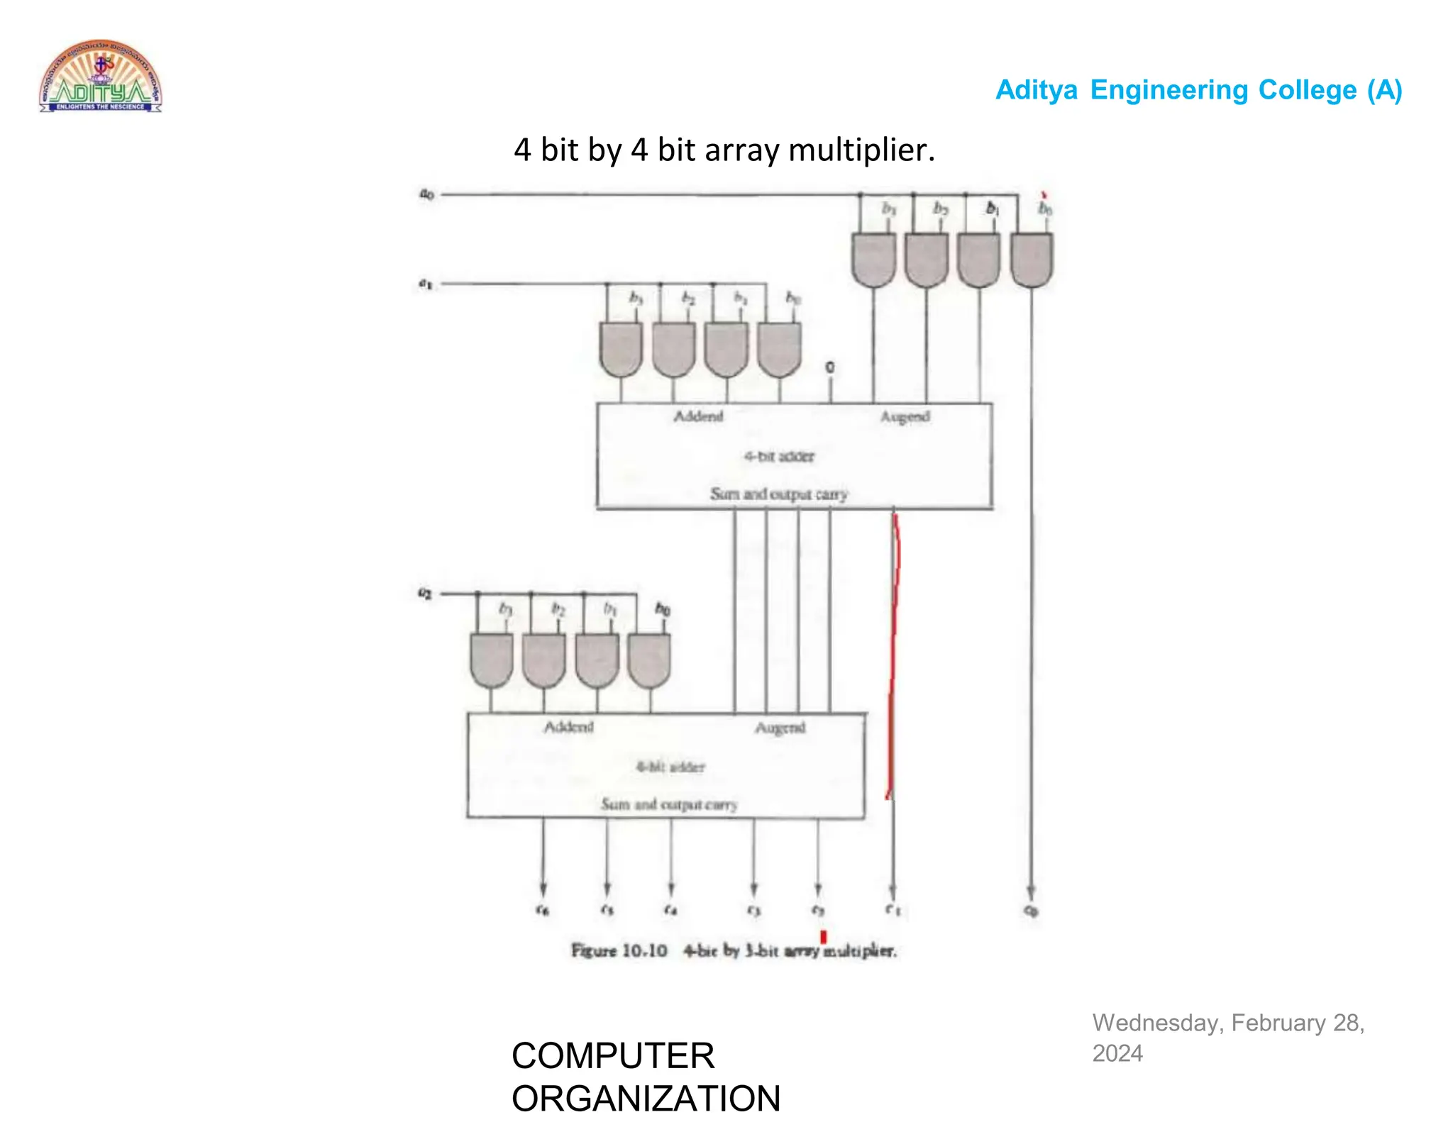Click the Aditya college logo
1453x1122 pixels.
(100, 77)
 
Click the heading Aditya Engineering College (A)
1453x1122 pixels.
(1198, 90)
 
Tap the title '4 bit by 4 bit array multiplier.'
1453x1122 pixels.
(724, 150)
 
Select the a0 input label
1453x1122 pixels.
(426, 194)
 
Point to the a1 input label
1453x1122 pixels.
(425, 284)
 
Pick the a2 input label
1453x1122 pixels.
(425, 593)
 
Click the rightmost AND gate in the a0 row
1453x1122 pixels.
(1031, 260)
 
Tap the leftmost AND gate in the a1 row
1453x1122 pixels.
(621, 350)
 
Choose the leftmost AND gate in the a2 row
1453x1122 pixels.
(491, 660)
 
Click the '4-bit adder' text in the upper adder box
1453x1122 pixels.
(779, 456)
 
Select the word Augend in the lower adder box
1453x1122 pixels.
(780, 728)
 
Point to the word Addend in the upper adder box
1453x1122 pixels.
(698, 416)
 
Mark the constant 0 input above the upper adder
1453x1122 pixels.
(829, 367)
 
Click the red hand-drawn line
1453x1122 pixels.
(894, 652)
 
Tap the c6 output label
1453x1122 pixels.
(543, 910)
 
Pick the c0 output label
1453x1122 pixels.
(1031, 911)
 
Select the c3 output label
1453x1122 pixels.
(753, 910)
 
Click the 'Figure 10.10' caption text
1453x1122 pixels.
(619, 950)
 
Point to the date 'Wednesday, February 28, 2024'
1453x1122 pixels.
(1227, 1038)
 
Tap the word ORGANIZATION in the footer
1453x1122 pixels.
(646, 1098)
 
